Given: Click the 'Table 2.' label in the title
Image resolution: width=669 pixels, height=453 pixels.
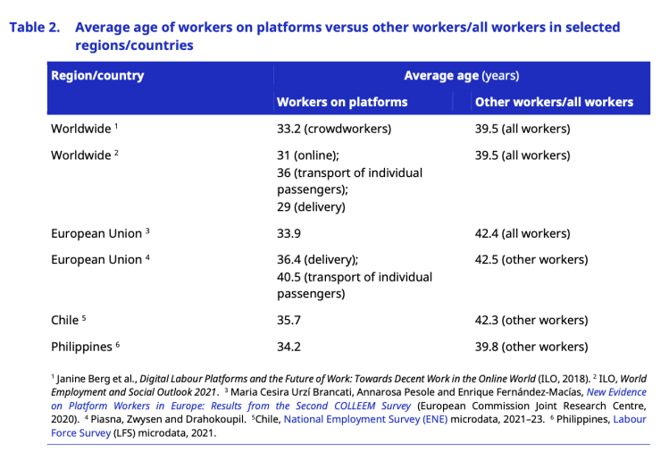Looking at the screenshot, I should coord(35,28).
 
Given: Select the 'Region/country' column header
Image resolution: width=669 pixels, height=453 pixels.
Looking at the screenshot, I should coord(97,76).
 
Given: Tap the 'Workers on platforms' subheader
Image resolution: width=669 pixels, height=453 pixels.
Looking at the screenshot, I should coord(342,102).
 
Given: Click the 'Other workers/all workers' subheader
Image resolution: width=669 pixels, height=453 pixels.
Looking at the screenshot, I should coord(554,102).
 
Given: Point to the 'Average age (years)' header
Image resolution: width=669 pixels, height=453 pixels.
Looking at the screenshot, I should coord(461,76).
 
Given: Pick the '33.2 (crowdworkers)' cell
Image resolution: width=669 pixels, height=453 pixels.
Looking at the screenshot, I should coord(334,129).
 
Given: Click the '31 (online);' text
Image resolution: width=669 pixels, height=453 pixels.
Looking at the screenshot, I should coord(308,155).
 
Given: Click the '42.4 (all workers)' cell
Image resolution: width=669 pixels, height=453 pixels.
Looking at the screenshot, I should coord(523,233).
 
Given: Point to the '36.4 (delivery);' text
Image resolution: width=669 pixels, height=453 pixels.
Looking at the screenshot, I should coord(318,260).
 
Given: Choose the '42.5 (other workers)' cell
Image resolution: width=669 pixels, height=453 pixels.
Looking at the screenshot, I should coord(531,260).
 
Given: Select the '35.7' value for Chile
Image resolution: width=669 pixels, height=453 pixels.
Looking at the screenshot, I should coord(291,320).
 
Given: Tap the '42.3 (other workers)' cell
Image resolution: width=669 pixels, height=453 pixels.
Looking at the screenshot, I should coord(531,320).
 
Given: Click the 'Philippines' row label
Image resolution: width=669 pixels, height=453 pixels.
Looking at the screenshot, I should coord(81,347).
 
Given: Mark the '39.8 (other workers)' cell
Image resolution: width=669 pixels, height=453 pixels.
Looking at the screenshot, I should coord(531,347).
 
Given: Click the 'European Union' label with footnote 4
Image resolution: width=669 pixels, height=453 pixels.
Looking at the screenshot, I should coord(96,260).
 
